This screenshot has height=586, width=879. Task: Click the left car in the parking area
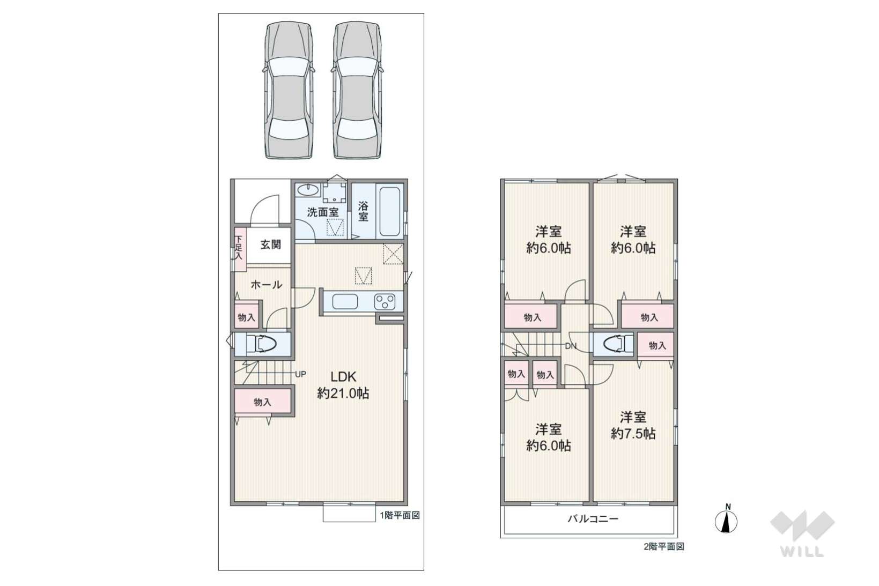pos(289,90)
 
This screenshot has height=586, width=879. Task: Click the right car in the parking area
pos(357,90)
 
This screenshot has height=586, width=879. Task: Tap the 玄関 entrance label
pos(271,244)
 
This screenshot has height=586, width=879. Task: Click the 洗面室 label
pos(322,212)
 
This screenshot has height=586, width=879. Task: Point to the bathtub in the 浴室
pos(390,211)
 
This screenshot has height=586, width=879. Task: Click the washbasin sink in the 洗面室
pos(308,190)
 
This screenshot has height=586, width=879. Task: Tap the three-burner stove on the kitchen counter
pos(385,302)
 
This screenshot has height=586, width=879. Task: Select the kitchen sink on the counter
pos(345,302)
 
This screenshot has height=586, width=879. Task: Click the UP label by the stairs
pos(300,374)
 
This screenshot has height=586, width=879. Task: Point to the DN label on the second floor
pos(571,346)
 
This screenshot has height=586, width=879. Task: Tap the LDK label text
pos(343,376)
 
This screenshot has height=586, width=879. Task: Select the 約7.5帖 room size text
pos(633,433)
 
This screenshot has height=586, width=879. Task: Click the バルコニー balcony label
pos(593,519)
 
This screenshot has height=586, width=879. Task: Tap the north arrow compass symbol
pos(726,520)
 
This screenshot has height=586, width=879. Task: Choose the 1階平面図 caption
pos(400,515)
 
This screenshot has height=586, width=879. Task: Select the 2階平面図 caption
pos(664,547)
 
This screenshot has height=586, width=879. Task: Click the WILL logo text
pos(802,552)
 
